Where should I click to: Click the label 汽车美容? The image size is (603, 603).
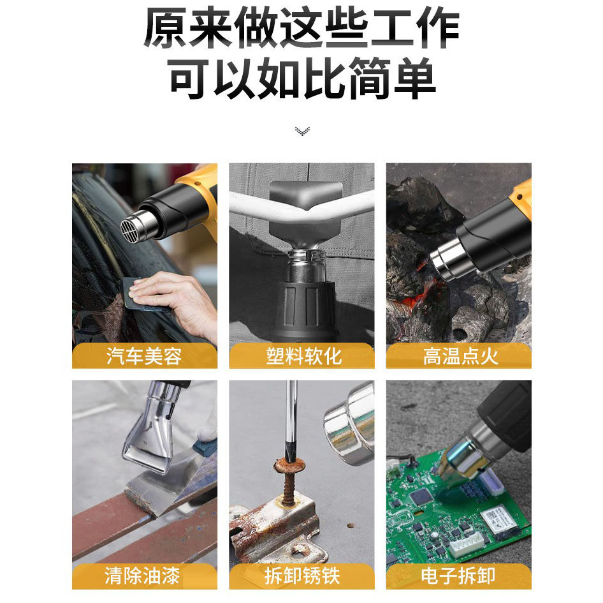point(144,356)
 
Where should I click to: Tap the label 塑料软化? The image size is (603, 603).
point(303,356)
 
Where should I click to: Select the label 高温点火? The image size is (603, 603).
point(460,356)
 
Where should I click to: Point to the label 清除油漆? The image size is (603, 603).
point(142,576)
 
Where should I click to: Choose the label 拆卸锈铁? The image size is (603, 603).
point(302,576)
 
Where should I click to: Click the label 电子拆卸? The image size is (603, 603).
point(458,576)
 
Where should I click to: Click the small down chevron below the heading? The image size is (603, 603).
point(302,131)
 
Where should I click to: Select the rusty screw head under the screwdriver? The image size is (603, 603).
point(289,465)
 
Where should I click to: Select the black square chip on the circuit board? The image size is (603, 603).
point(422,497)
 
